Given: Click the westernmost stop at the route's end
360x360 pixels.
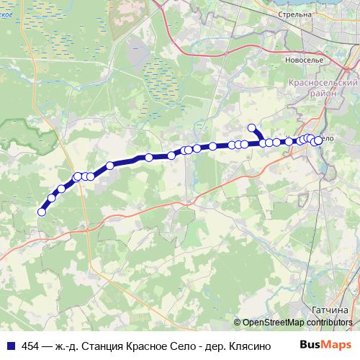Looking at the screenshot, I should [x=42, y=211].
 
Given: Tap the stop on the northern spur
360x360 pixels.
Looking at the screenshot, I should [x=252, y=128].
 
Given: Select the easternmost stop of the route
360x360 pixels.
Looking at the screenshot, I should [x=318, y=140].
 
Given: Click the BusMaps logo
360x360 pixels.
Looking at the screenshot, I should [x=325, y=346].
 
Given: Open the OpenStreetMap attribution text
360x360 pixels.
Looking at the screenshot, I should [x=273, y=323].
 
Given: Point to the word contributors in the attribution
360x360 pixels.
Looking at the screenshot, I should [x=329, y=323].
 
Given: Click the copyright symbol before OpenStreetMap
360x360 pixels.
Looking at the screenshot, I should [x=238, y=323].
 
